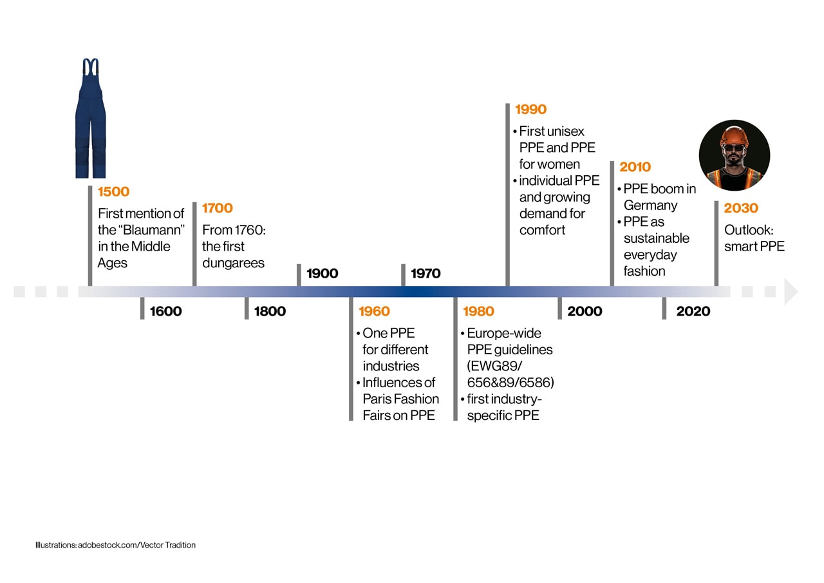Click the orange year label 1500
coord(113,191)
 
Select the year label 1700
coord(218,208)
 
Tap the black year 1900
coord(323,273)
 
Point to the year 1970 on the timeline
coord(426,273)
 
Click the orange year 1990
coord(530,110)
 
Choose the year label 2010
coord(635,167)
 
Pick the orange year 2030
coord(741,208)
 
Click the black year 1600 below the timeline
coord(166,311)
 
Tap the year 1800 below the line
coord(270,311)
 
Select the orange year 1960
coord(374,311)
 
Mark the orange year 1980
coord(478,311)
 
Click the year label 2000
coord(585,311)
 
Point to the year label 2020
coord(693,311)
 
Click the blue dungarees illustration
coord(90,119)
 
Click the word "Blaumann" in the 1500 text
coord(148,230)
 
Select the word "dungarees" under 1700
coord(233,263)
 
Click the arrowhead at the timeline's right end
coord(791,292)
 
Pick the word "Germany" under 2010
coord(650,205)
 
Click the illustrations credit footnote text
coord(115,545)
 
